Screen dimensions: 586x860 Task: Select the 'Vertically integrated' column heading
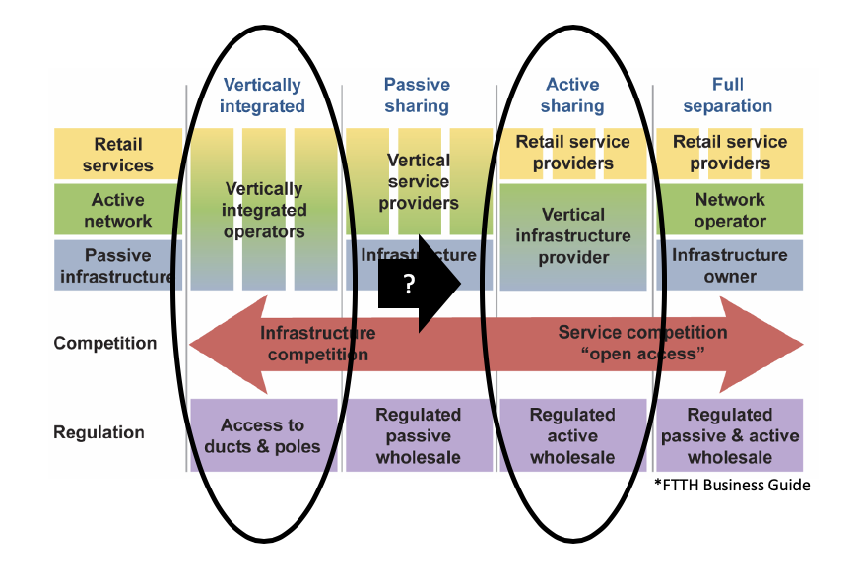pos(262,96)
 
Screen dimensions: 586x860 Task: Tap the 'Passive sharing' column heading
pos(417,96)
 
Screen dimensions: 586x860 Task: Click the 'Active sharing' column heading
pos(572,96)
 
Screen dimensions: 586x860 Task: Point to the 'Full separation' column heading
pos(728,96)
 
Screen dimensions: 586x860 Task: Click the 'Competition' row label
pos(105,344)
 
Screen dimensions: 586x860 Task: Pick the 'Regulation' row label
pos(99,432)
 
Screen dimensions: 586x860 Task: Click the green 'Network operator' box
pos(730,210)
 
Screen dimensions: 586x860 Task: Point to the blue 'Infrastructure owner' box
pos(730,266)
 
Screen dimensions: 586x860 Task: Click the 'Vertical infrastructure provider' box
pos(572,236)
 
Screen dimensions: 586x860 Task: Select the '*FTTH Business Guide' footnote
pos(732,485)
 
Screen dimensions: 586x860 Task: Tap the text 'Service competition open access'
pos(642,343)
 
